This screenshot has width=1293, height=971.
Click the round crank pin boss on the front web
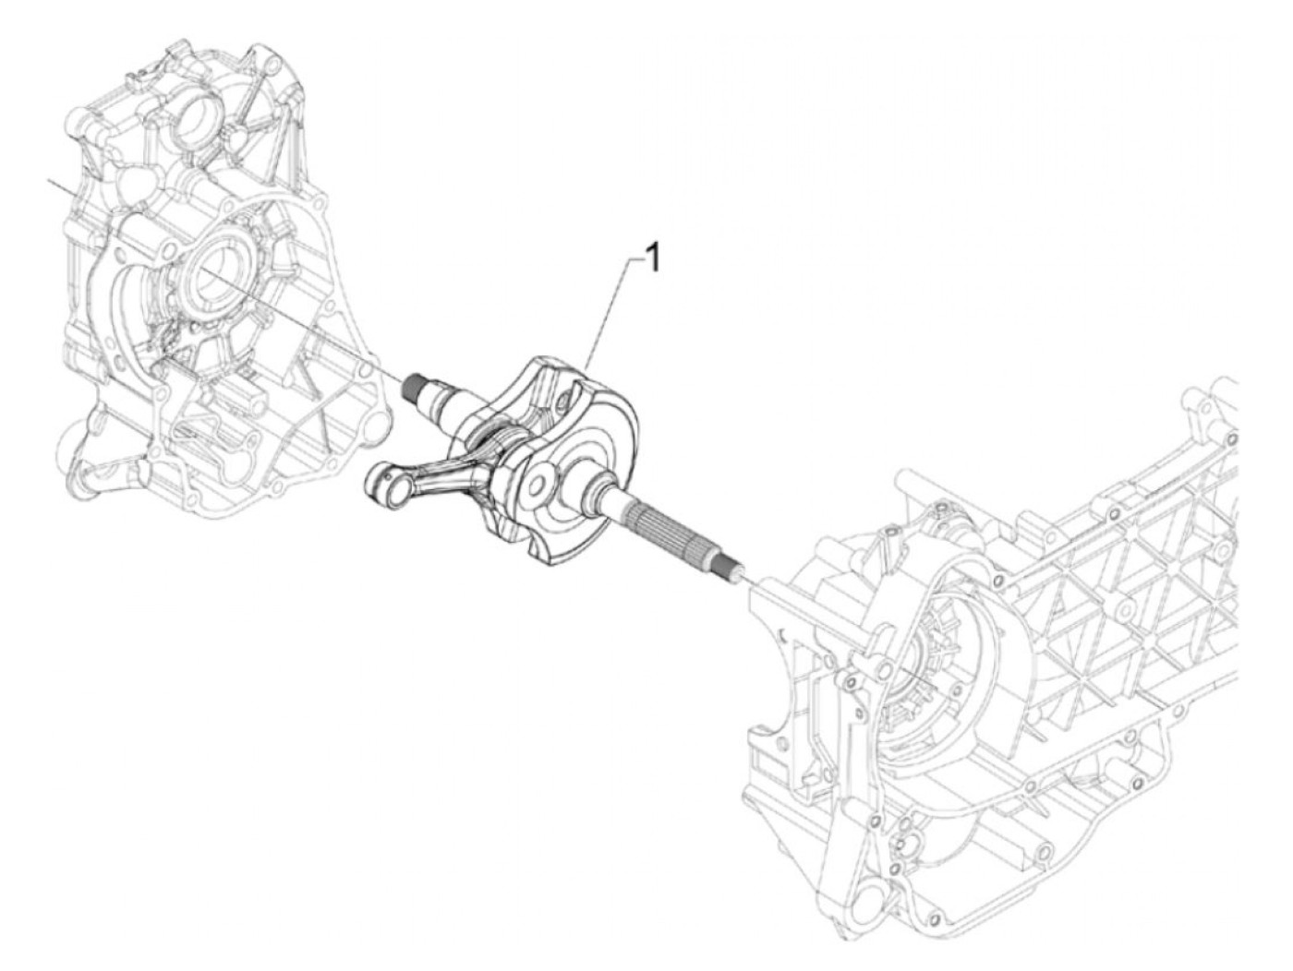(x=538, y=480)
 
